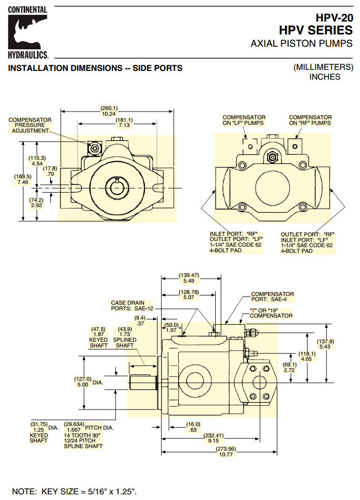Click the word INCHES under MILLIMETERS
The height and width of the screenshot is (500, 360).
324,77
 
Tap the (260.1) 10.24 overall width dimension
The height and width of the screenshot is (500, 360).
108,110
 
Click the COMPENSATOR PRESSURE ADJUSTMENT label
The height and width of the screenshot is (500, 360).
30,125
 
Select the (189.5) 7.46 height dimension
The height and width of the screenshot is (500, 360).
23,179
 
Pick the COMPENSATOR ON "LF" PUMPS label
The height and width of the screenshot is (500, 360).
244,120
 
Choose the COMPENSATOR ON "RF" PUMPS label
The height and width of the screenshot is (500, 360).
310,120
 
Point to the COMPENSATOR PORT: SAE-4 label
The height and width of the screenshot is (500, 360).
272,298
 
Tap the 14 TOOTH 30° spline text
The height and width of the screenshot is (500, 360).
82,435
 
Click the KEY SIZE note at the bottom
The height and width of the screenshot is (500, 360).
74,491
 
